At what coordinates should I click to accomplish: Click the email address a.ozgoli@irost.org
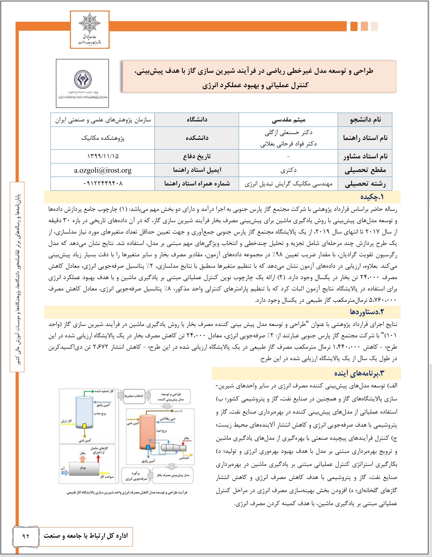tap(103, 171)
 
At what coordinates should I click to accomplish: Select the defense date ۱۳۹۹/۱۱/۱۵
tap(103, 156)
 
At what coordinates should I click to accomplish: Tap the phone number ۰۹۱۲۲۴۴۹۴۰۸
tap(103, 184)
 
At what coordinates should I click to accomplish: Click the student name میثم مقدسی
tap(288, 120)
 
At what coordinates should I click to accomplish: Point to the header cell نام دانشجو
tap(365, 120)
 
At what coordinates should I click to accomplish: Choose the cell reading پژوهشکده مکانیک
tap(103, 138)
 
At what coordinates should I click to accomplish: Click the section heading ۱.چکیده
tap(372, 197)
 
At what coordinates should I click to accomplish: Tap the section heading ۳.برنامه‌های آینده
tap(359, 373)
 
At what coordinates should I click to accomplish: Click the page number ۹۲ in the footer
tap(26, 536)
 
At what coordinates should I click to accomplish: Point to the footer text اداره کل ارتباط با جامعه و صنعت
tap(86, 536)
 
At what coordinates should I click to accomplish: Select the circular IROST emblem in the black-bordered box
tap(83, 79)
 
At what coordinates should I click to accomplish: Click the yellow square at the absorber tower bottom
tap(85, 426)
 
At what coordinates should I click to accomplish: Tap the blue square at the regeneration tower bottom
tap(148, 447)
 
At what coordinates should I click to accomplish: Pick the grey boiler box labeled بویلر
tap(83, 468)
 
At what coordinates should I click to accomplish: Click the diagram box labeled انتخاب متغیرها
tap(134, 396)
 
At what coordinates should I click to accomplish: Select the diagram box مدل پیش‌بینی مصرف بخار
tap(173, 475)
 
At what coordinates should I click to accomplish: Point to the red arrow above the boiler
tap(98, 457)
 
